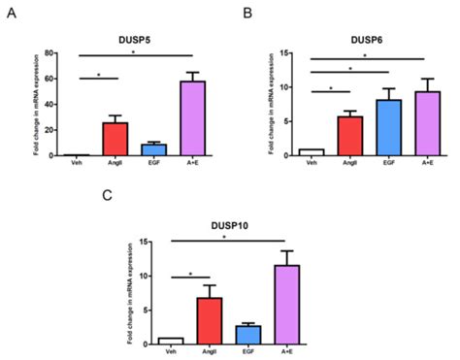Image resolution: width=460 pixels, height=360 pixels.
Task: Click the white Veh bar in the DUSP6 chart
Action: point(311,151)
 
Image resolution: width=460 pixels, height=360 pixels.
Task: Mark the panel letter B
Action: point(247,13)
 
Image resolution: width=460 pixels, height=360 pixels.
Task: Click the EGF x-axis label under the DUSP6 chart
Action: point(388,162)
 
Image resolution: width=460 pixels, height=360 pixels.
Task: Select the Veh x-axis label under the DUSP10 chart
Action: point(171,350)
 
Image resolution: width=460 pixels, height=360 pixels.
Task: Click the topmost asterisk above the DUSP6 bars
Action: point(364,55)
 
